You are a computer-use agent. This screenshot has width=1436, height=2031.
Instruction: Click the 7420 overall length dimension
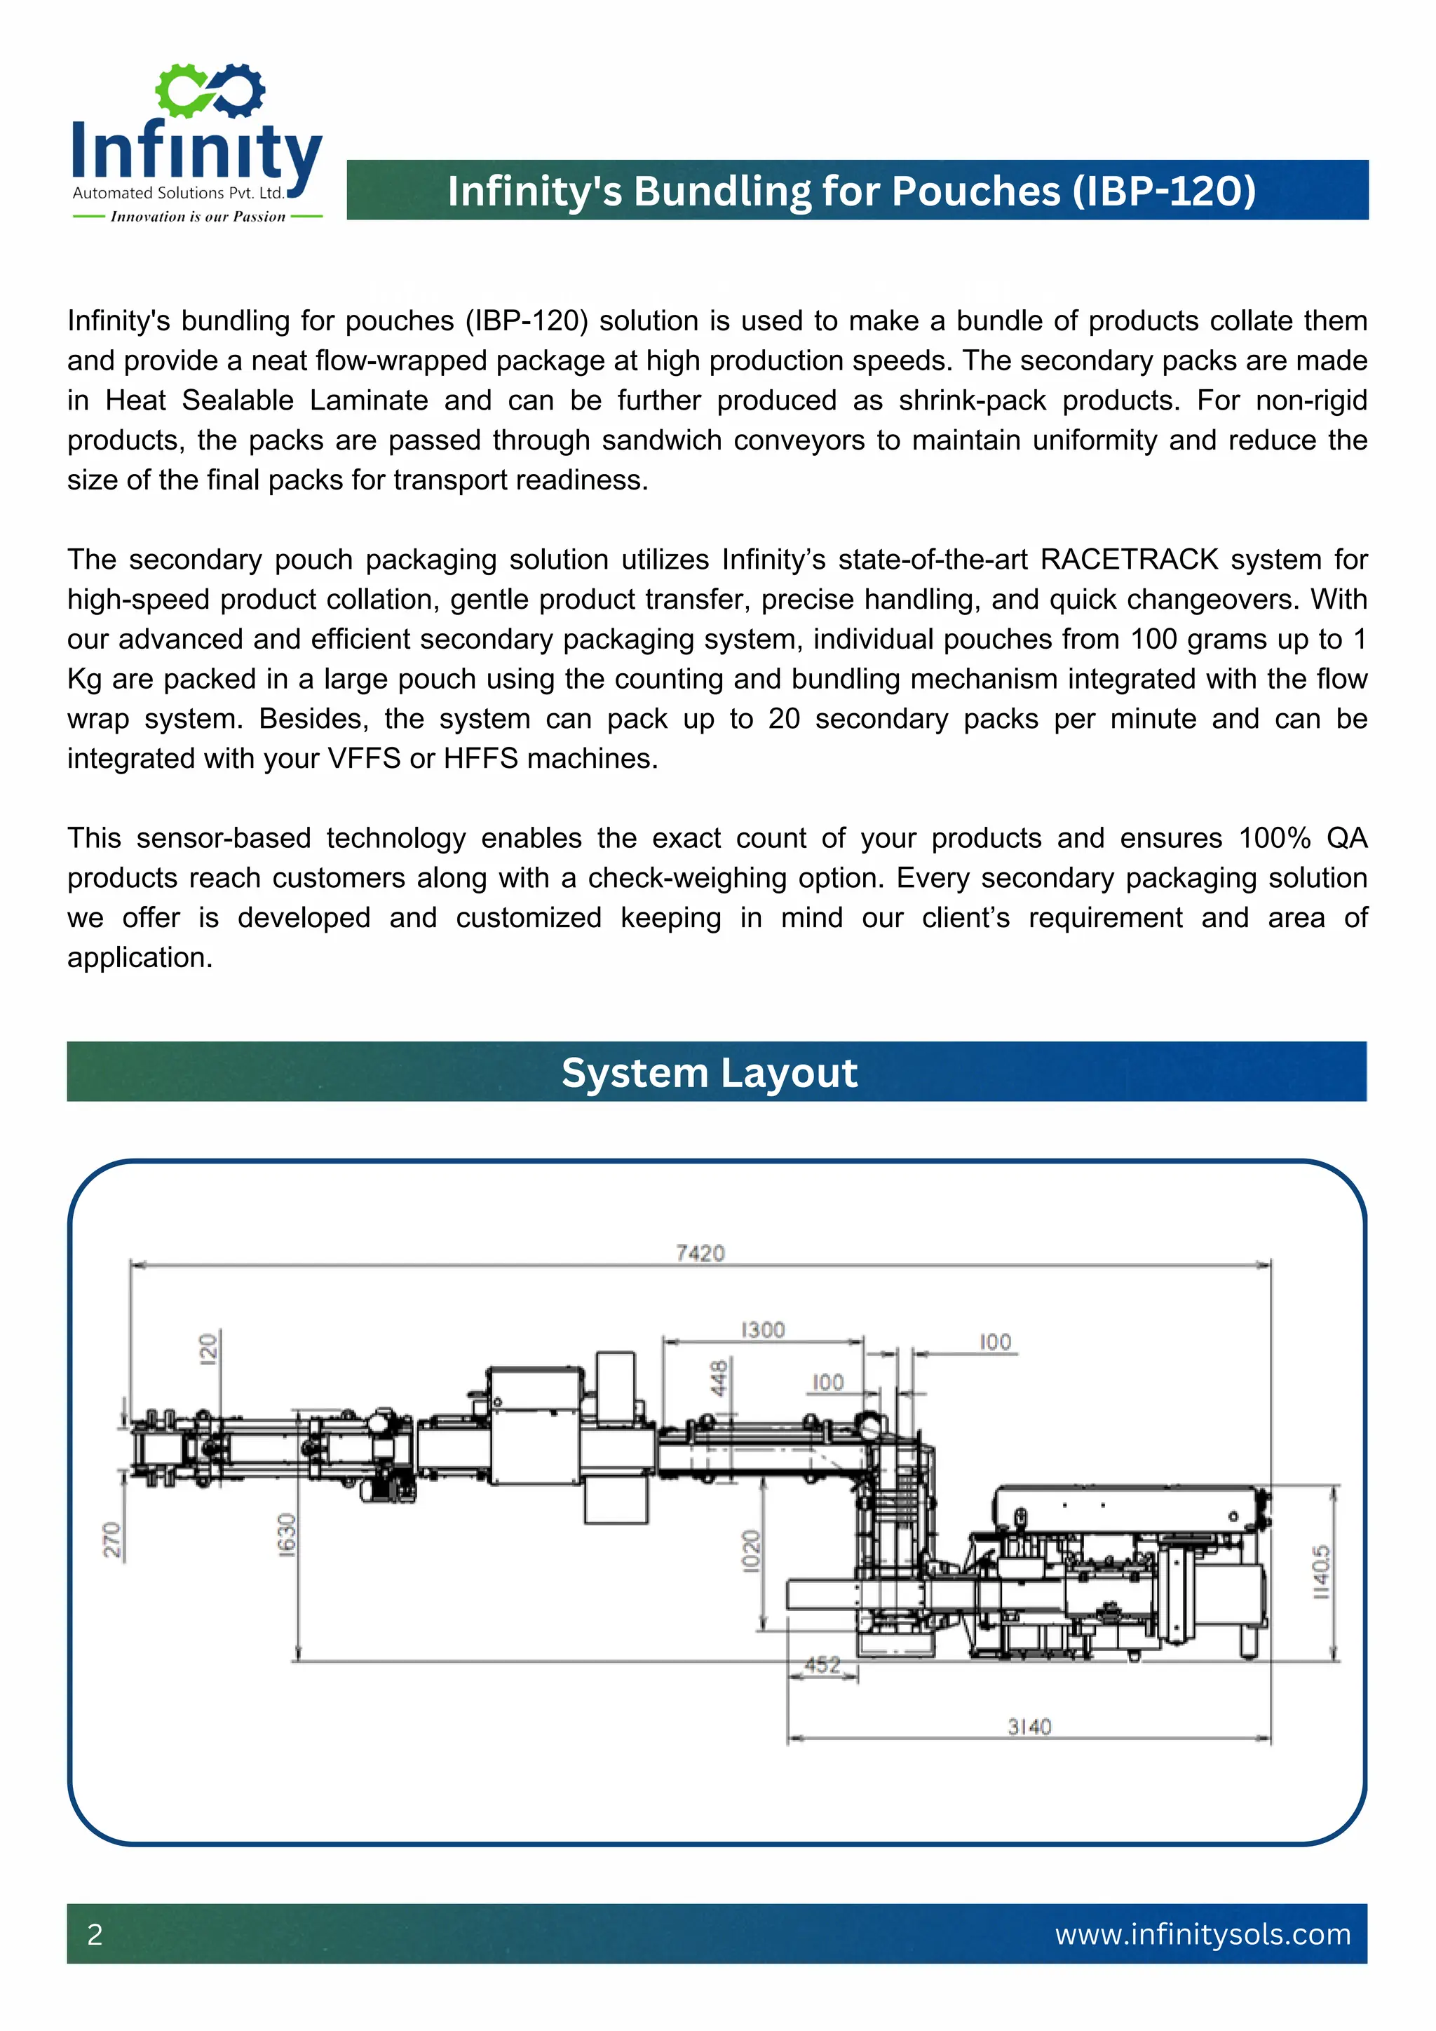click(x=700, y=1253)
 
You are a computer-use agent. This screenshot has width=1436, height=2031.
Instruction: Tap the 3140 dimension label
click(x=1029, y=1726)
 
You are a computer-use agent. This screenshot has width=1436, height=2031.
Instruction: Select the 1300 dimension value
click(x=762, y=1330)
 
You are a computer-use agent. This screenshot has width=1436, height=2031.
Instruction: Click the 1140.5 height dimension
click(x=1320, y=1571)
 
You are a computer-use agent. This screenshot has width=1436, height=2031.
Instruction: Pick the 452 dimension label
click(x=822, y=1665)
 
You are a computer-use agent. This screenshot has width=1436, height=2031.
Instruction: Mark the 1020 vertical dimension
click(x=751, y=1551)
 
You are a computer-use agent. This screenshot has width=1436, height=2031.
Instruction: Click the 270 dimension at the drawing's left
click(x=111, y=1540)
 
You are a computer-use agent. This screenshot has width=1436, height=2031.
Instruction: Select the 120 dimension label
click(x=207, y=1349)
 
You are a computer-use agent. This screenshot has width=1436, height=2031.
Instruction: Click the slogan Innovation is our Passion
click(x=198, y=217)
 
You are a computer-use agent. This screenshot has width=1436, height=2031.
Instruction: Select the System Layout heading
click(x=709, y=1072)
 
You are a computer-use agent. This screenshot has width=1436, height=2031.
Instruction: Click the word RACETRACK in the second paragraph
click(x=1129, y=559)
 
